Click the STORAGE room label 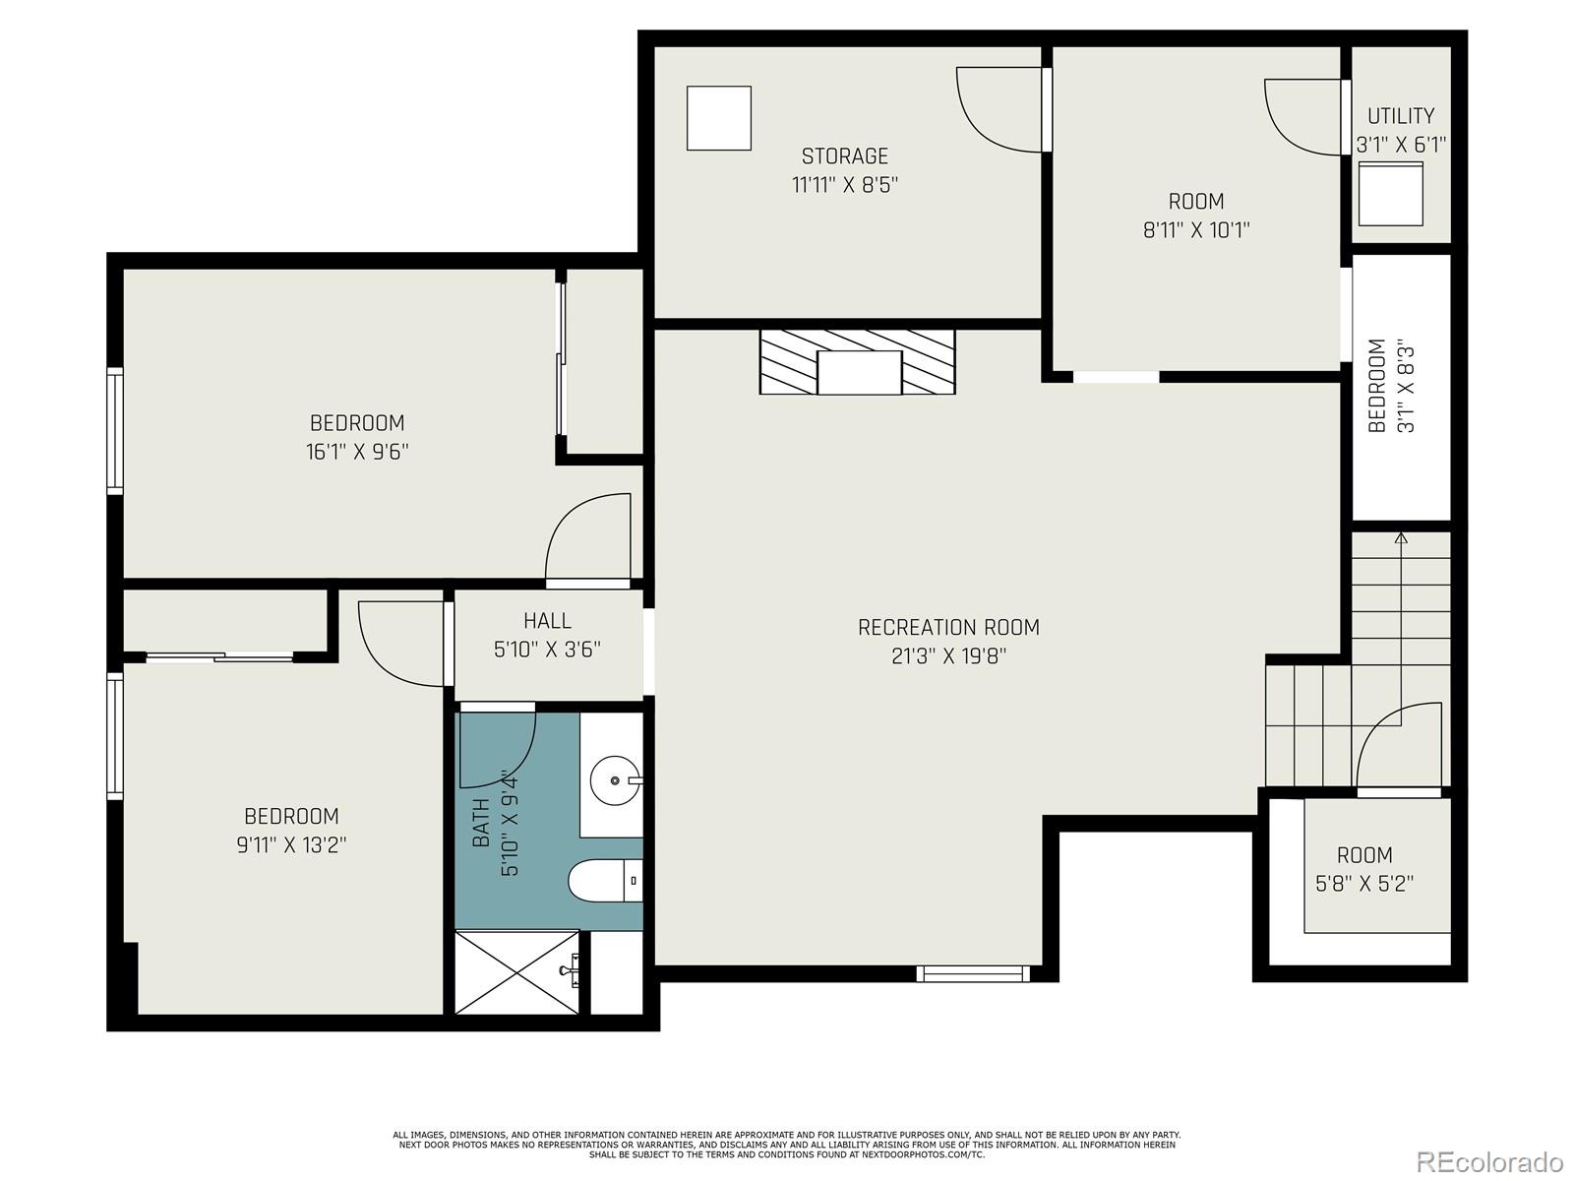[x=844, y=156]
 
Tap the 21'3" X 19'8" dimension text [x=948, y=656]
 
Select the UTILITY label [x=1401, y=116]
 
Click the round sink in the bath [x=615, y=780]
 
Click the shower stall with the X [x=517, y=972]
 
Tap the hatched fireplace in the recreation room [x=857, y=362]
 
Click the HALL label [x=547, y=621]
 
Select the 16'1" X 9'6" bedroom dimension [x=357, y=453]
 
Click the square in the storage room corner [x=718, y=118]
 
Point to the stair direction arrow [x=1401, y=539]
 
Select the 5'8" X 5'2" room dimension [x=1364, y=884]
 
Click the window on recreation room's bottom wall [x=972, y=973]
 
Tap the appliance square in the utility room [x=1391, y=194]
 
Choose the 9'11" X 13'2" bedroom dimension [x=291, y=845]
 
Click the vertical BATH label [x=482, y=823]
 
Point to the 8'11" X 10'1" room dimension [x=1196, y=230]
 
